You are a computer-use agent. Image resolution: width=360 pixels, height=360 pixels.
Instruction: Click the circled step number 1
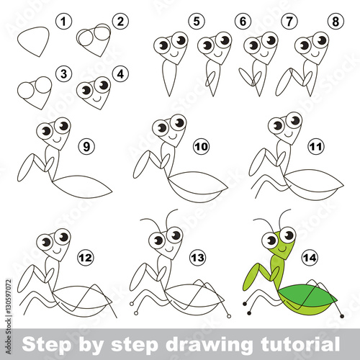tap(63, 22)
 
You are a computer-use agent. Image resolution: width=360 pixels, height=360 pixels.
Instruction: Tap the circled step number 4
tap(120, 74)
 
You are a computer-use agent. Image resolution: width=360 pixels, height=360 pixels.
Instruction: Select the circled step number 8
tap(336, 22)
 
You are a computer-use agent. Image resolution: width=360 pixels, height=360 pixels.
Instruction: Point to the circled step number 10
tap(202, 146)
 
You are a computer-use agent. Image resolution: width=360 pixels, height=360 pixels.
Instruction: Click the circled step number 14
tap(310, 258)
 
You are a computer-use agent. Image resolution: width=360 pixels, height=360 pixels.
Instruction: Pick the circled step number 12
tap(86, 258)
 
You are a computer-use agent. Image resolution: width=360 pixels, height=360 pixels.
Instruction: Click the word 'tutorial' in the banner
tap(300, 344)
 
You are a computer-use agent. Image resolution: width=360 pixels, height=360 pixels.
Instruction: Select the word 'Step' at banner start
tap(46, 345)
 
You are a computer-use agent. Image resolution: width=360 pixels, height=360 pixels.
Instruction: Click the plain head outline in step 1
tap(33, 42)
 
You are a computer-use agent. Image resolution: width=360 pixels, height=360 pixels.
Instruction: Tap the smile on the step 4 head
tap(97, 99)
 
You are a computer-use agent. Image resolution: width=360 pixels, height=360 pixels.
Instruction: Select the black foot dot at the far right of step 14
tap(342, 316)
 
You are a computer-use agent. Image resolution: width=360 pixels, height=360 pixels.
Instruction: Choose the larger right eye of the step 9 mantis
tap(62, 126)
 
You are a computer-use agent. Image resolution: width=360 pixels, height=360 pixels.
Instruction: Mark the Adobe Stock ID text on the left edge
tap(9, 316)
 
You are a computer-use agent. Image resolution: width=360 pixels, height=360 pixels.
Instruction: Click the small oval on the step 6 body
tap(210, 79)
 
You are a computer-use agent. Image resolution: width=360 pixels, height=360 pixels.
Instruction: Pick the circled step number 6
tap(243, 22)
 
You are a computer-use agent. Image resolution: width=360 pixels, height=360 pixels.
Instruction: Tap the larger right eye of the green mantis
tap(287, 235)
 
